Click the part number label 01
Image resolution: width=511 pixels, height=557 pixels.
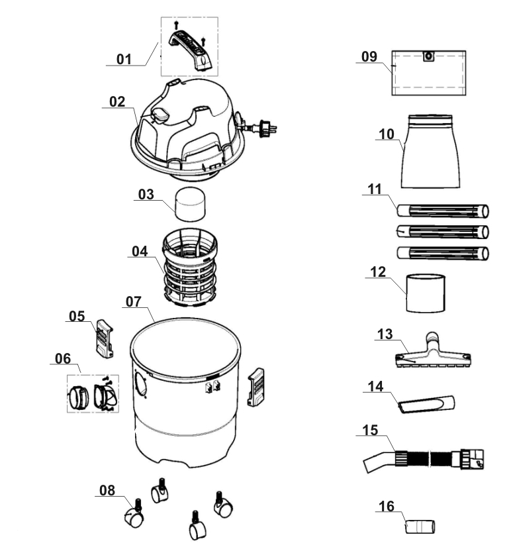point(124,60)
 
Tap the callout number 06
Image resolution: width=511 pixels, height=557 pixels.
point(63,358)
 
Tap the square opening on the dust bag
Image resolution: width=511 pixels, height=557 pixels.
point(430,56)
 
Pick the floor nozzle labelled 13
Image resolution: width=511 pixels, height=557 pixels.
point(432,354)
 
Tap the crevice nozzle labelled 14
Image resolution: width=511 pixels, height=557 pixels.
point(428,403)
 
